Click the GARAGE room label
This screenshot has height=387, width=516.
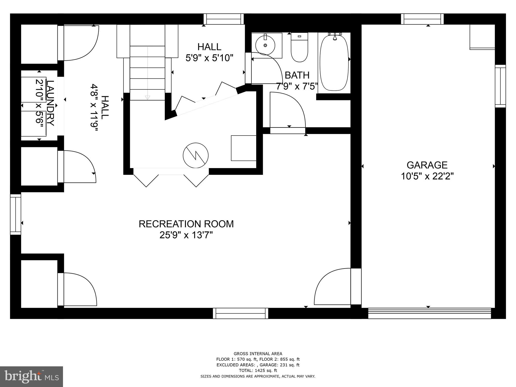coord(427,165)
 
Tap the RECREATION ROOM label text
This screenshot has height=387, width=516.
coord(186,224)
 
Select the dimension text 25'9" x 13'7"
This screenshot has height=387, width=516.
coord(186,235)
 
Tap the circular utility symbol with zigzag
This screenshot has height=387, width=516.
coord(196,155)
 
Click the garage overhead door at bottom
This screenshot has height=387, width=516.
coord(429,313)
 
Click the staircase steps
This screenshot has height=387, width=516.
coord(147,73)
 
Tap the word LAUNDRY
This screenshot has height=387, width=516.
coord(50,103)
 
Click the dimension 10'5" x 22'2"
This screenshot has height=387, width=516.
coord(427,176)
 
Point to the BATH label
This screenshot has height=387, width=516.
coord(297,75)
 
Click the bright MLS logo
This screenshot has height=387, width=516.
coord(31,377)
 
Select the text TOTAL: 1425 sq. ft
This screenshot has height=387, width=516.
coord(258,370)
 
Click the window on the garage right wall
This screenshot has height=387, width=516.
coord(500,86)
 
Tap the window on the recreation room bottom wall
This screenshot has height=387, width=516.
coord(240,313)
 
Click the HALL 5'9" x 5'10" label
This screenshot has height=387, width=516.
coord(209,52)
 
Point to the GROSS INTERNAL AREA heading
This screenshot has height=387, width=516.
coord(258,353)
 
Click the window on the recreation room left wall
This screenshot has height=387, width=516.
coord(16,214)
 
